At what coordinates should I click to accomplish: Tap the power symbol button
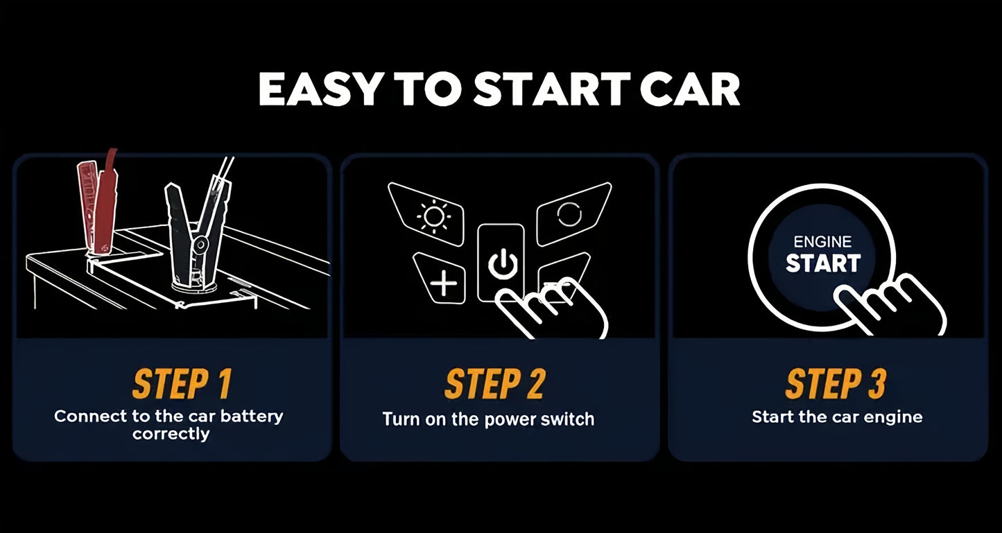501,263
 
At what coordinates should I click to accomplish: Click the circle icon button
573,213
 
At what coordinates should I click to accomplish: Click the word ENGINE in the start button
822,242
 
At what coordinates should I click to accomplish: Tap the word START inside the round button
823,263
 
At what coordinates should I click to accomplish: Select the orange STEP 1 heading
182,383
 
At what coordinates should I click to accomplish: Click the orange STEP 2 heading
494,383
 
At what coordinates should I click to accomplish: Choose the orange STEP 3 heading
836,383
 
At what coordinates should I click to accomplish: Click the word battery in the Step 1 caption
252,417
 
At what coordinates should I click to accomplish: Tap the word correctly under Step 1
171,434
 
